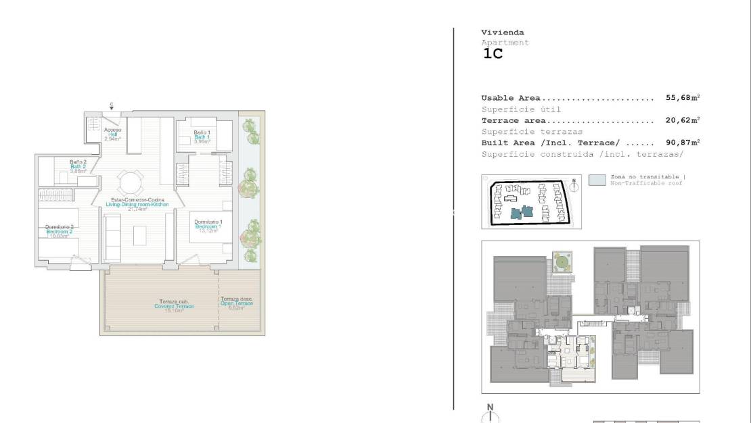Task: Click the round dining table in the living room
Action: (131, 182)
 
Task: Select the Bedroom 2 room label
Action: (60, 231)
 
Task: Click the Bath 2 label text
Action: (78, 166)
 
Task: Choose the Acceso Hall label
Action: (112, 134)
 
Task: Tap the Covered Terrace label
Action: (174, 304)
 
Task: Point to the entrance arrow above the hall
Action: (112, 107)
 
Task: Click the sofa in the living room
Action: (113, 237)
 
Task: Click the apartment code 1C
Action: (493, 55)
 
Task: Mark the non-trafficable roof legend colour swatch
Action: (597, 180)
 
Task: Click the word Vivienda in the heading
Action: (502, 32)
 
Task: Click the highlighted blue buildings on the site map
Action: (522, 212)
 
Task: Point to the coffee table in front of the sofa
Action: (139, 235)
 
